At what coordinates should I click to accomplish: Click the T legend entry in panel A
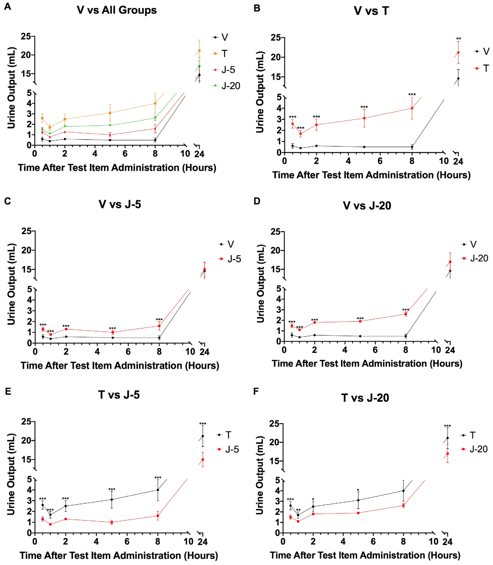pyautogui.click(x=220, y=54)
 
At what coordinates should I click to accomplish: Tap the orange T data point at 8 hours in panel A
pyautogui.click(x=155, y=103)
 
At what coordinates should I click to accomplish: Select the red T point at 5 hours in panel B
pyautogui.click(x=364, y=118)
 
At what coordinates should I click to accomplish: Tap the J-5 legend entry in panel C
pyautogui.click(x=230, y=259)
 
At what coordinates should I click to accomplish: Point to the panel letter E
pyautogui.click(x=8, y=391)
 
